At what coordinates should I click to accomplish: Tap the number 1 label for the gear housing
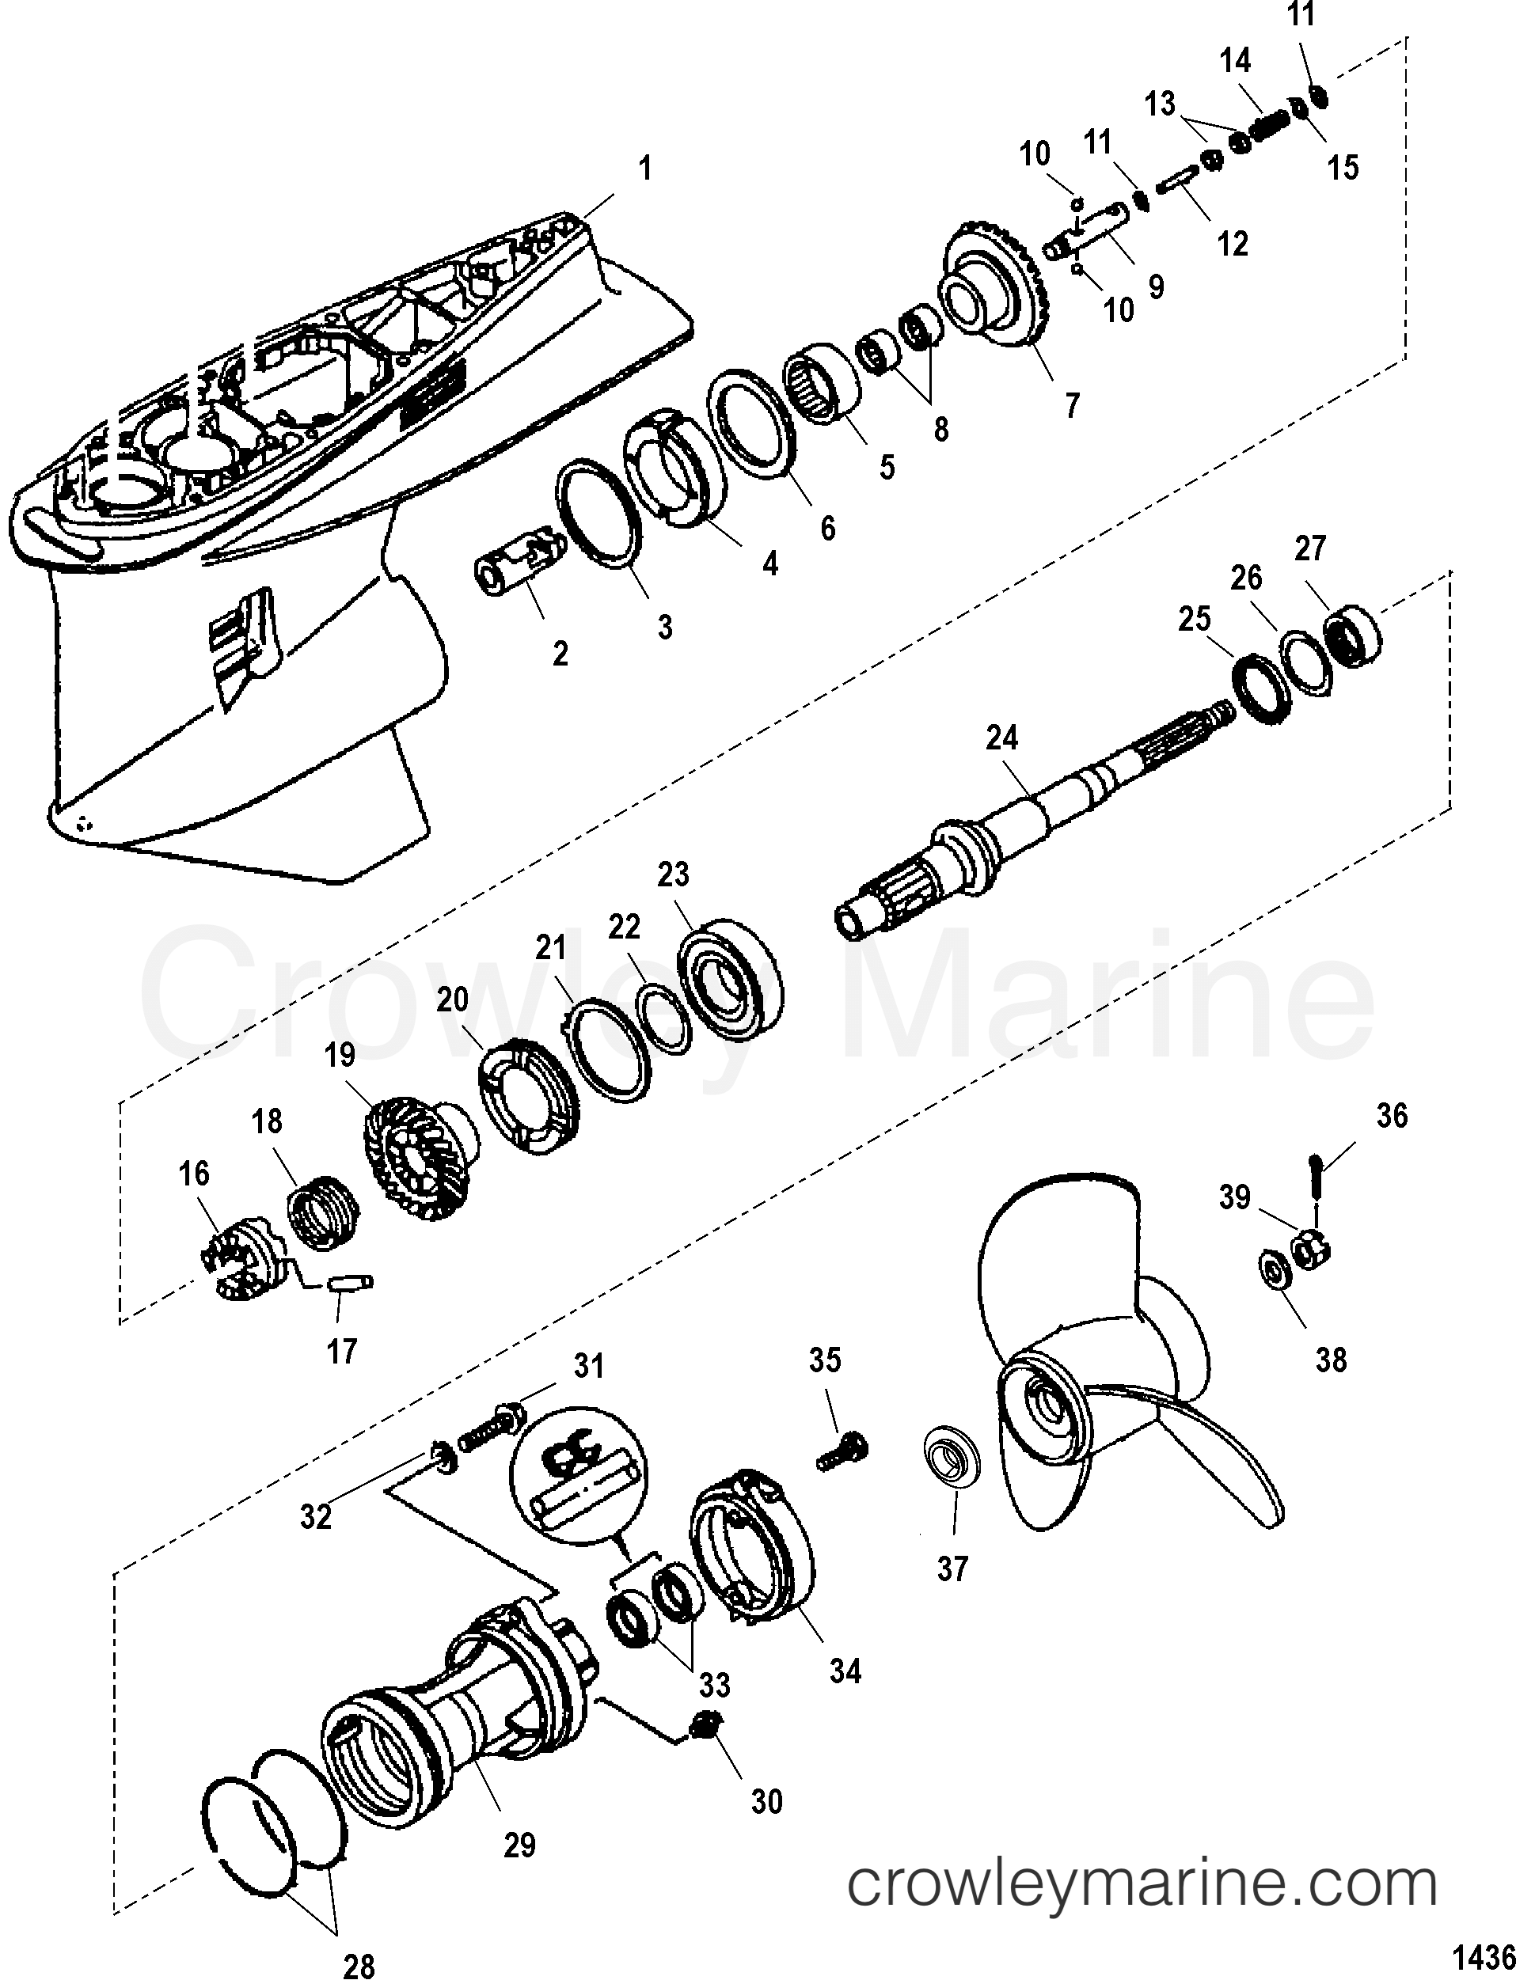click(644, 169)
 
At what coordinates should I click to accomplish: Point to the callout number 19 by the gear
click(340, 1055)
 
